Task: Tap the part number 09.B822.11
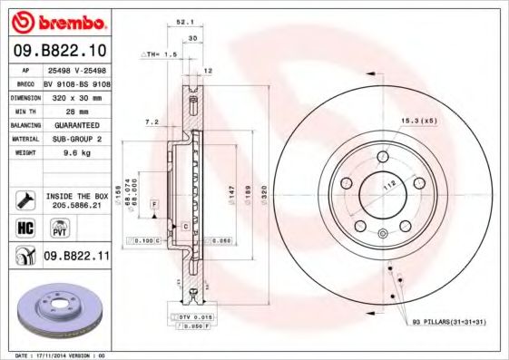click(76, 257)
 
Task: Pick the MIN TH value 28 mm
click(63, 110)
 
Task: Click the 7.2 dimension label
click(152, 121)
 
